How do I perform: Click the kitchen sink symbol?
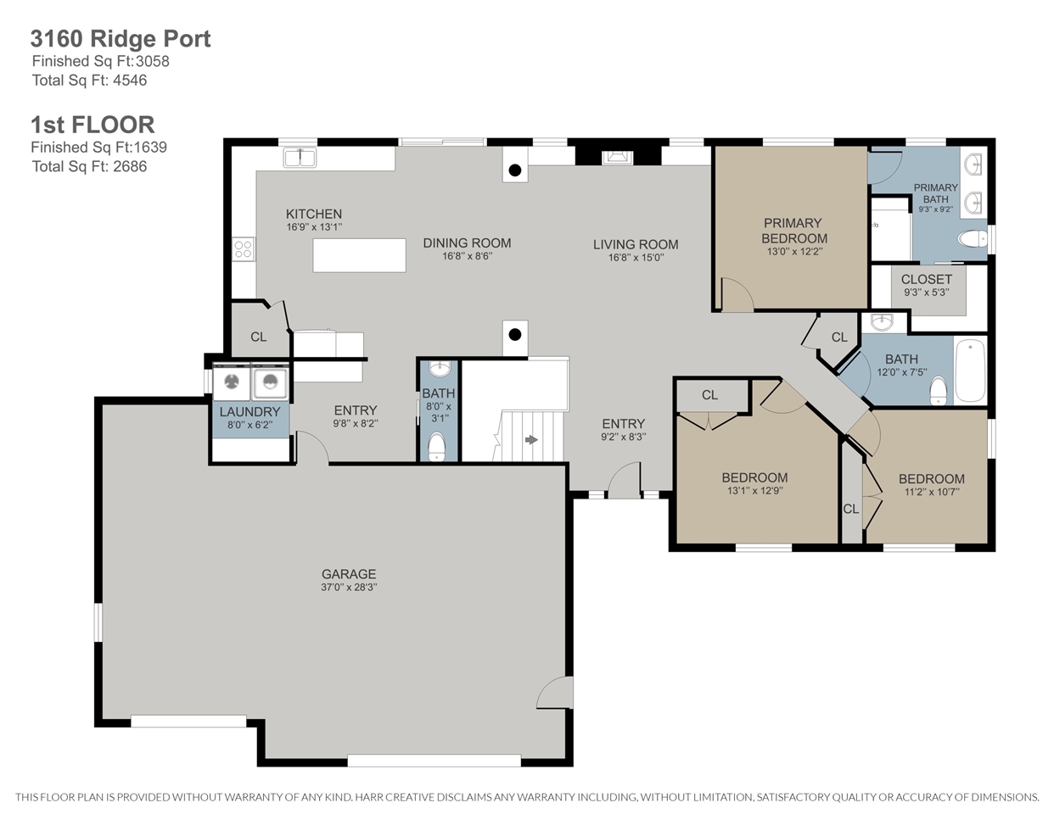300,158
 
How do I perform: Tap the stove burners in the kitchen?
244,249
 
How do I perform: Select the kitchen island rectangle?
360,255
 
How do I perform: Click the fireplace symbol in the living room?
617,158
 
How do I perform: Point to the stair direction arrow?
531,439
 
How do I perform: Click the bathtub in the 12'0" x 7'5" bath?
970,371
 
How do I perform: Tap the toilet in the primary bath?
973,238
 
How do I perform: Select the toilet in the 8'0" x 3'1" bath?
437,446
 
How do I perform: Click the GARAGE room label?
349,574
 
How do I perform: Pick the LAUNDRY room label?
249,412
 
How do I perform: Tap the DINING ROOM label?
467,243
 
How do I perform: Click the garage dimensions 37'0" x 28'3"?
349,588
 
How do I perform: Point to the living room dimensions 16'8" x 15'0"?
636,257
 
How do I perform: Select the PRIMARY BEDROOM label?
794,231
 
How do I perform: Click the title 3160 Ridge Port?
121,39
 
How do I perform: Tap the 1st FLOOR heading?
93,125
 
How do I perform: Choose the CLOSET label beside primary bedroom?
927,279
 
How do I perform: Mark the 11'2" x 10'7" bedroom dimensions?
932,492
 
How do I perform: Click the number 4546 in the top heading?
130,80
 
